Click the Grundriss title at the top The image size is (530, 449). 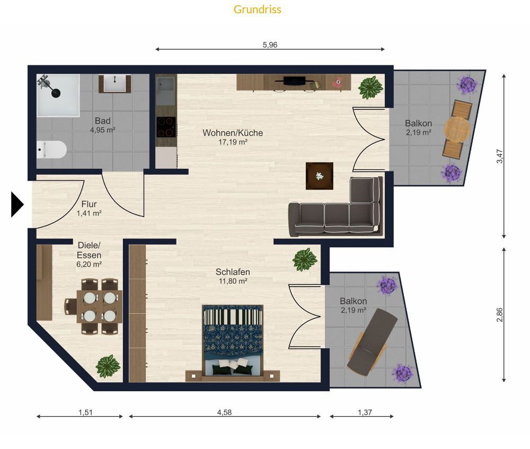point(257,10)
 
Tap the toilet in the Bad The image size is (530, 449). point(51,150)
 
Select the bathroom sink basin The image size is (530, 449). point(114,83)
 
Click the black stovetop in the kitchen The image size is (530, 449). point(166,127)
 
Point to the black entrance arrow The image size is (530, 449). point(17,204)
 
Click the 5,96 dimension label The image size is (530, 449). point(270,45)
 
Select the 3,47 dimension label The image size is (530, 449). point(500,157)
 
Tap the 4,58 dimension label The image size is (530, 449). point(224,412)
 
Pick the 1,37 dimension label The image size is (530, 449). point(365,412)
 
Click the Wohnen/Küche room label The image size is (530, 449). point(233,133)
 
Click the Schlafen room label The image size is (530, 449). point(233,272)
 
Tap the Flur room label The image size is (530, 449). point(89,204)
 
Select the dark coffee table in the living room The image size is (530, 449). point(320,176)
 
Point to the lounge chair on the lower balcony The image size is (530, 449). point(372,342)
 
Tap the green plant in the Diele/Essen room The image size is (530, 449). point(108,366)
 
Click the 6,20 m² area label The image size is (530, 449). point(89,264)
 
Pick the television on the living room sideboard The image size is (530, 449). point(294,81)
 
